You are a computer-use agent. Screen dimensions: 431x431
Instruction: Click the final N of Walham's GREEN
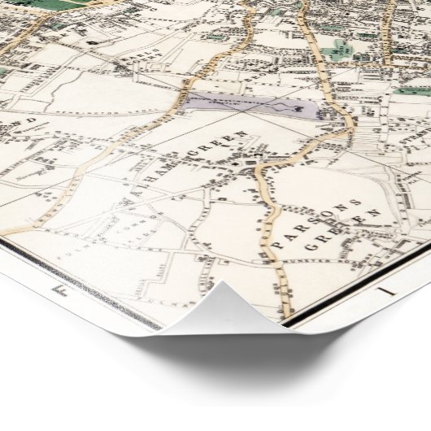tap(242, 133)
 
